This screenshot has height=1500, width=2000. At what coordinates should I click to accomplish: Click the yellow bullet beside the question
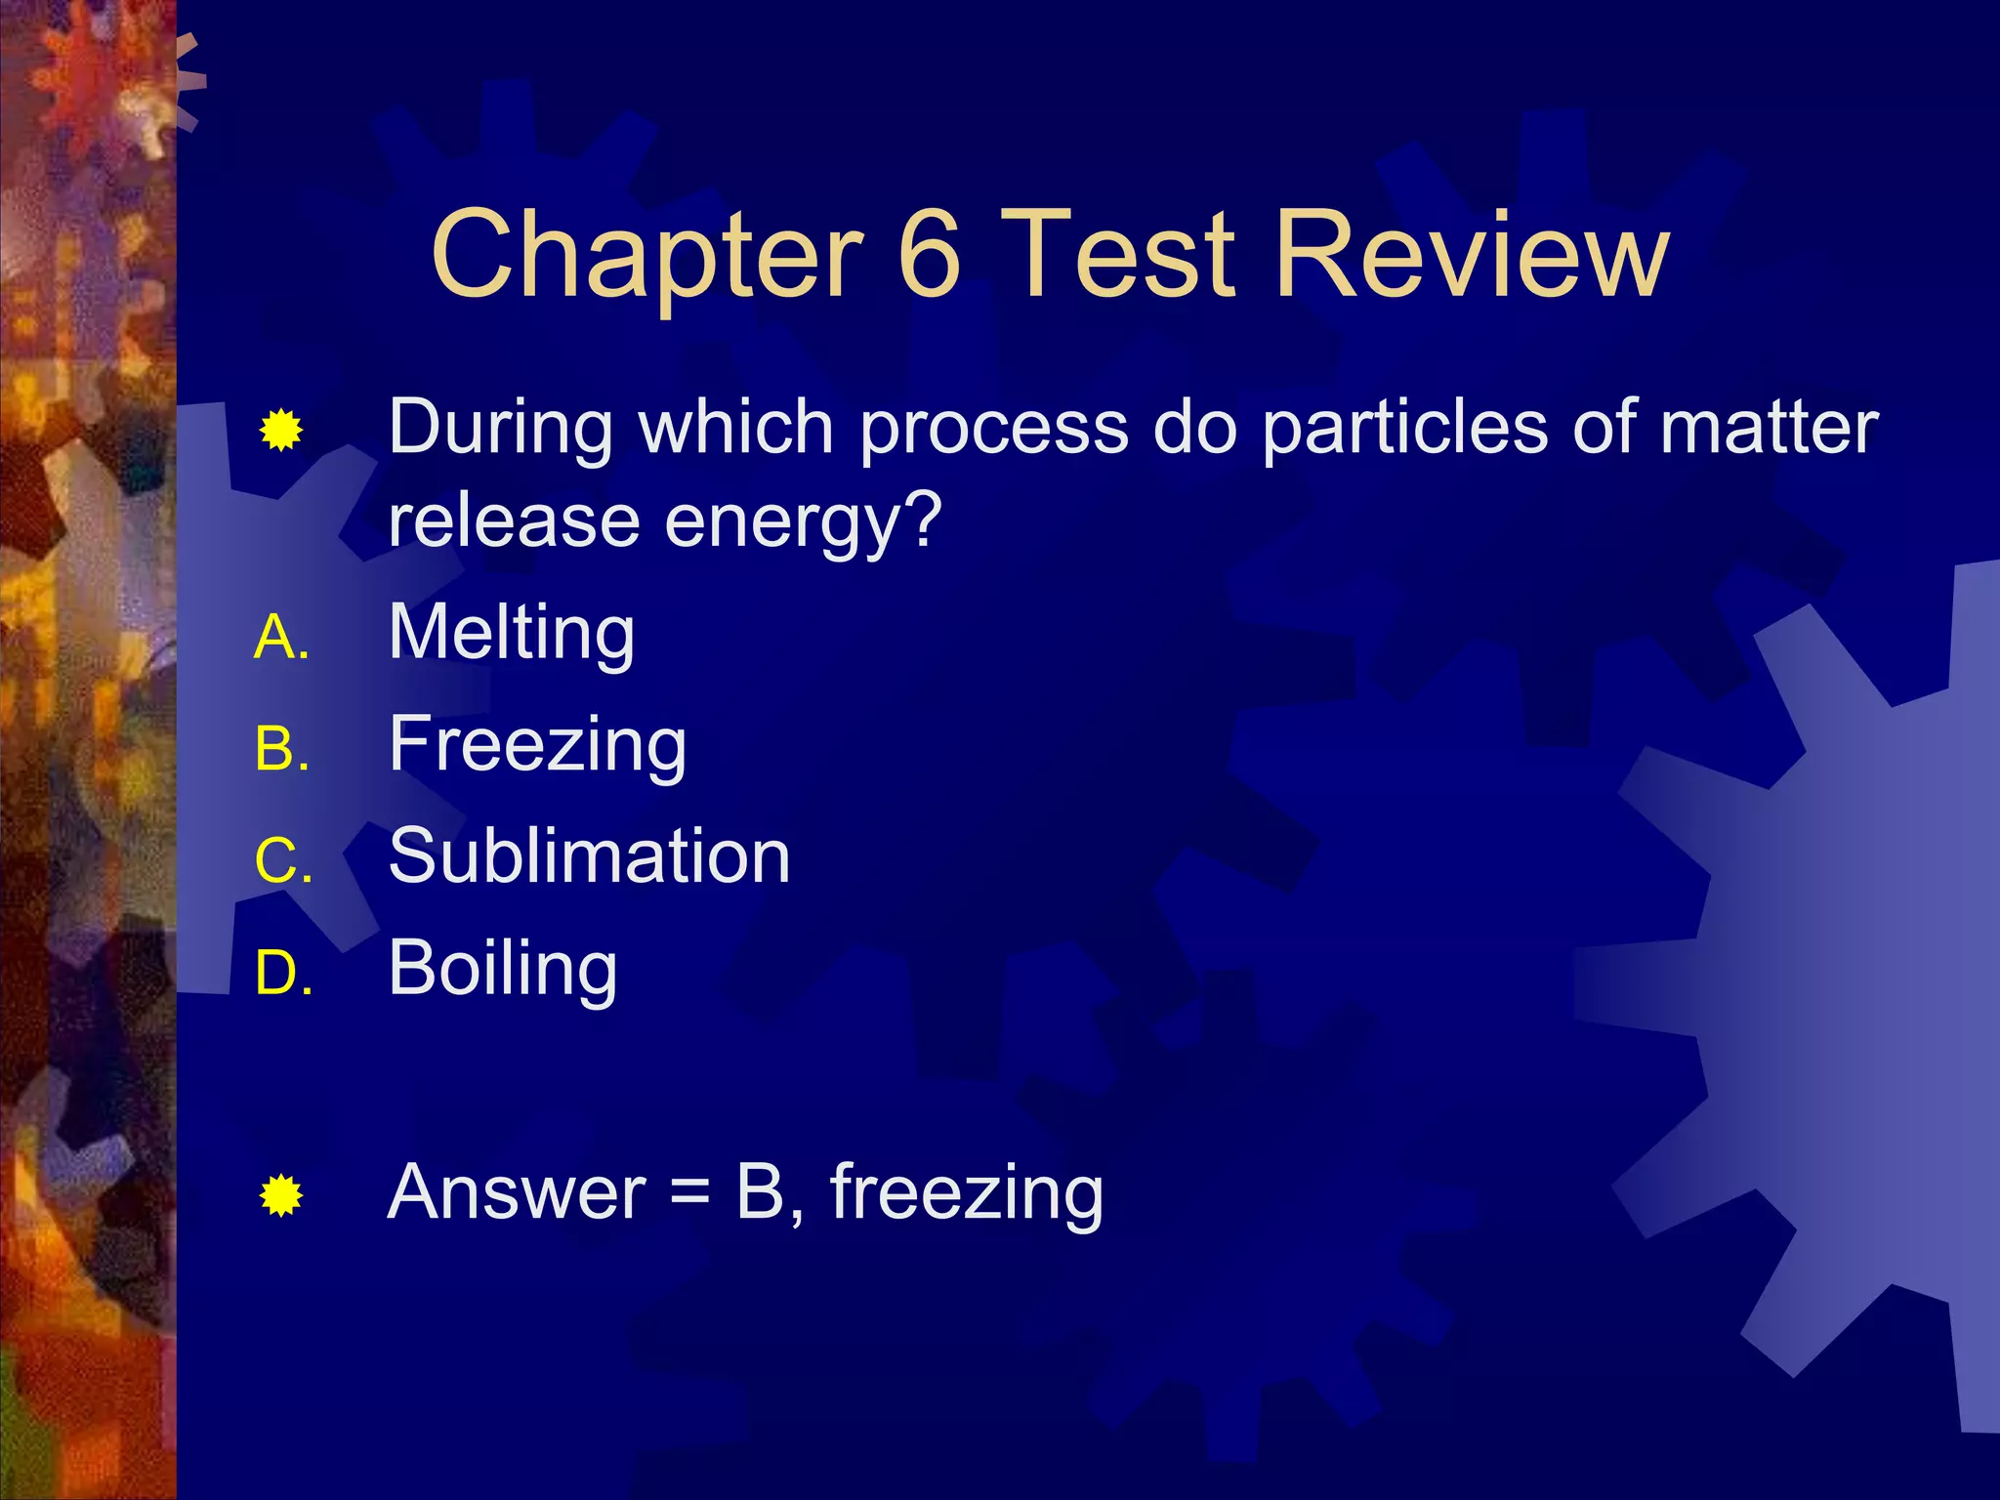281,431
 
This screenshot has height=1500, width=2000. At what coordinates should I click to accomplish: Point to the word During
500,428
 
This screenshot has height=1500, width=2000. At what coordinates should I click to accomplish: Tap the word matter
1769,428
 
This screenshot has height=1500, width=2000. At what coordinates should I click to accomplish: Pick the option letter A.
281,639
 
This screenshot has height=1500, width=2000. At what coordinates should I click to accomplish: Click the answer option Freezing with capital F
537,745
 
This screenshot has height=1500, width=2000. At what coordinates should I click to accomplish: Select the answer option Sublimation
589,856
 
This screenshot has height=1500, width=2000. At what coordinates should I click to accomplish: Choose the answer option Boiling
503,969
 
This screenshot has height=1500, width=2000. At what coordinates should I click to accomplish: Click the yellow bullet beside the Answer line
281,1195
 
